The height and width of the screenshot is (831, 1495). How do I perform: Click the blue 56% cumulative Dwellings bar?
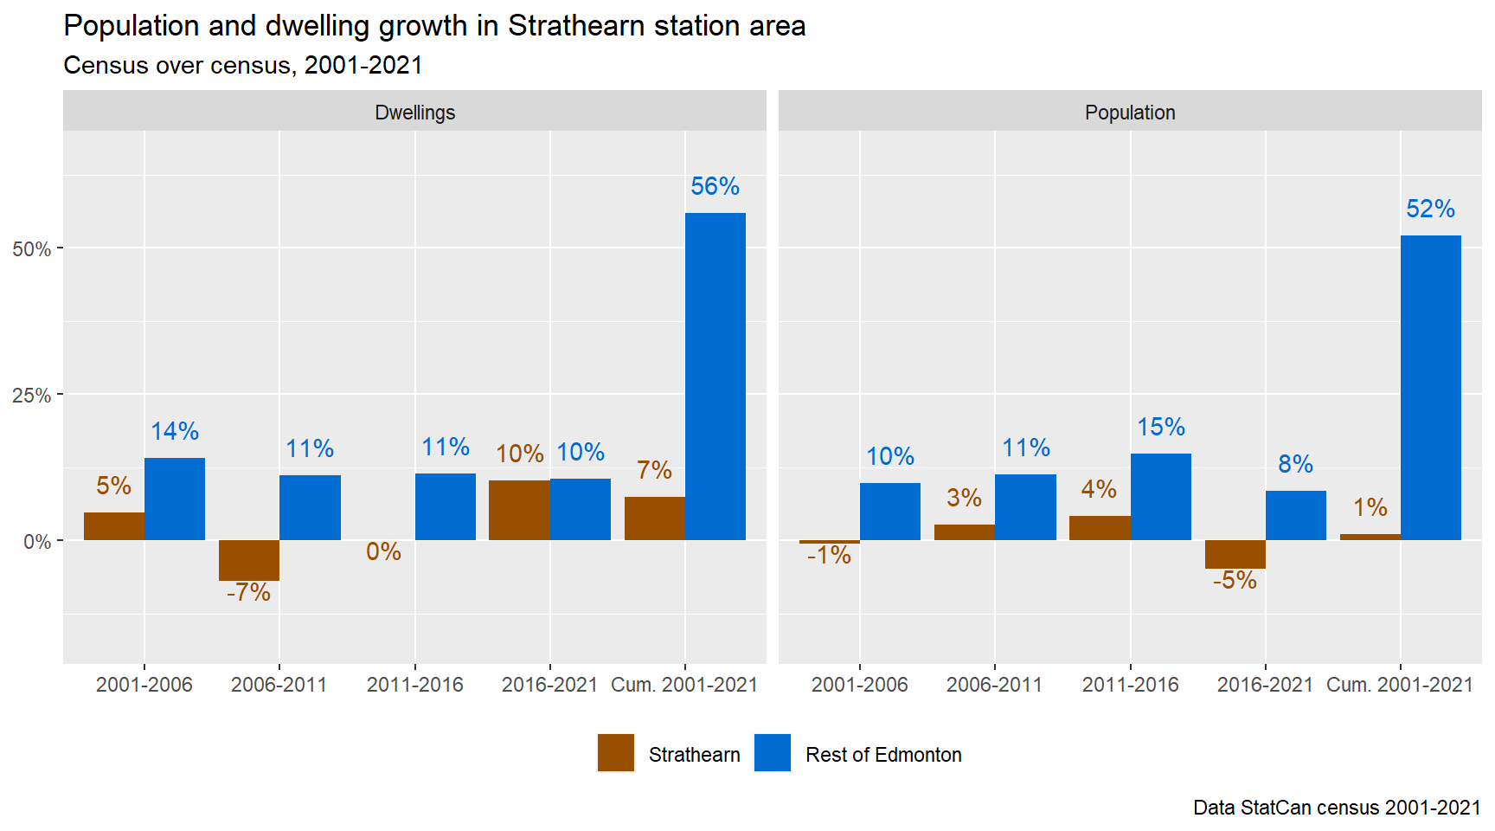(715, 377)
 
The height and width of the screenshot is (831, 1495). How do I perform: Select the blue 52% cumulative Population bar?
(1431, 388)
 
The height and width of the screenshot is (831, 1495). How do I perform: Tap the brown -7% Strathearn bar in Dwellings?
(249, 560)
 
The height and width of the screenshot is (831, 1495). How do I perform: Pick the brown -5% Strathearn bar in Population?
(1235, 554)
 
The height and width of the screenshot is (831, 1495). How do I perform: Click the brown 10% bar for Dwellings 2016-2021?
(519, 510)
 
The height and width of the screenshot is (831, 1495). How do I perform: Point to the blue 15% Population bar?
(1161, 497)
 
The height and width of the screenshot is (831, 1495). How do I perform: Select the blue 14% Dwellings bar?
(175, 499)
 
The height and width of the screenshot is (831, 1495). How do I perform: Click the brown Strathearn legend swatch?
(616, 753)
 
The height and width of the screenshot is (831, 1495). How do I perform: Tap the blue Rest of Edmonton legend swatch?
(773, 753)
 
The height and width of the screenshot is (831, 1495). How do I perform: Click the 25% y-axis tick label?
(32, 396)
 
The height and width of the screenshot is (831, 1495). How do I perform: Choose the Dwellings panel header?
(414, 113)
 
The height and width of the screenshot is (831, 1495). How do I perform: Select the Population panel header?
(1130, 113)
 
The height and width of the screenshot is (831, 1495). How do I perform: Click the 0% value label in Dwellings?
(383, 551)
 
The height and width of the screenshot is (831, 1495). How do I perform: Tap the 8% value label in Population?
(1295, 464)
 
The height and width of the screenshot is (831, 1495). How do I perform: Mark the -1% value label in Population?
(829, 555)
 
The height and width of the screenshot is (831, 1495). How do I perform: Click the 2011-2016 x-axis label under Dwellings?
(414, 685)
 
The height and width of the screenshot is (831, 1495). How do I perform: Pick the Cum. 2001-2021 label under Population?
(1399, 685)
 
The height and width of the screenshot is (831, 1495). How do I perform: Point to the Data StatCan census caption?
(1337, 808)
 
